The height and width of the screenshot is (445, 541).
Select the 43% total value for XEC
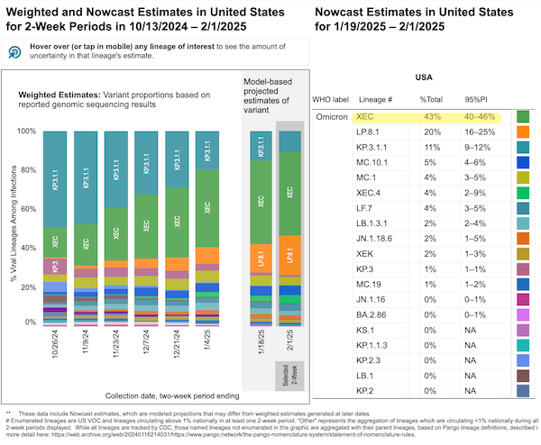(x=433, y=117)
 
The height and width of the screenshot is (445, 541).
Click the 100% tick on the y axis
(x=28, y=132)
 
